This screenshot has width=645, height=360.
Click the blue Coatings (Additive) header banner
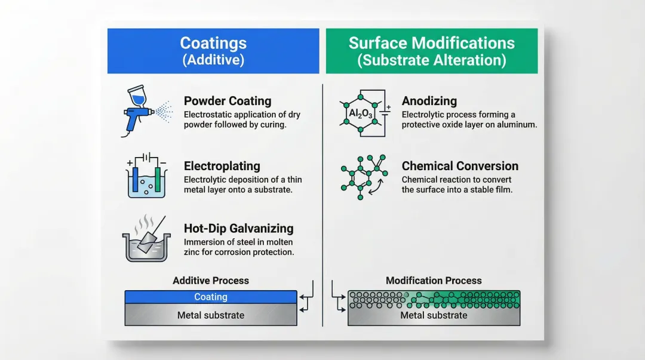(x=213, y=51)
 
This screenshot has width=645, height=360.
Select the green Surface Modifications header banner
(x=431, y=51)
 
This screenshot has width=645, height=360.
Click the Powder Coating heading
(x=227, y=101)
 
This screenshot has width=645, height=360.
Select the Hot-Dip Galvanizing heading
(x=238, y=228)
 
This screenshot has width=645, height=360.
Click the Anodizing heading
(x=429, y=101)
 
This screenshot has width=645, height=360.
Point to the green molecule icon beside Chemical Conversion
(x=362, y=177)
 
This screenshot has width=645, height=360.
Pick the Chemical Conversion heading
(x=460, y=166)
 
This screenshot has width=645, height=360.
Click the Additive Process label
(x=211, y=280)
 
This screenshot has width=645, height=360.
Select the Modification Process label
(x=434, y=280)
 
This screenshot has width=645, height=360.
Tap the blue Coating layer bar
(x=211, y=297)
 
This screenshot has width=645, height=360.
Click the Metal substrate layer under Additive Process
(x=211, y=315)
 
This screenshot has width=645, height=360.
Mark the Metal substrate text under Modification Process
(x=434, y=315)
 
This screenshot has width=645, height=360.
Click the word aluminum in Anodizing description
(x=517, y=125)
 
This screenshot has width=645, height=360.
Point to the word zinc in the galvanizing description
(x=194, y=252)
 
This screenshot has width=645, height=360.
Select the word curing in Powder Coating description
(x=271, y=125)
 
